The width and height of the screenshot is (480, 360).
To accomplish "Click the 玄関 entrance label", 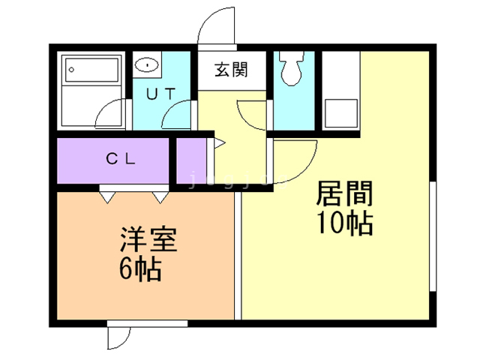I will (x=231, y=71).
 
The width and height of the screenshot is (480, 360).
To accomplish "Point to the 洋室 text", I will (x=148, y=241).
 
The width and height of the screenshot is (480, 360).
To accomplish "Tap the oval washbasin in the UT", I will (x=148, y=65).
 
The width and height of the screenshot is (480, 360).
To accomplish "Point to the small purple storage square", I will (x=190, y=160).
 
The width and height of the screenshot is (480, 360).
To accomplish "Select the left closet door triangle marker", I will (x=106, y=196).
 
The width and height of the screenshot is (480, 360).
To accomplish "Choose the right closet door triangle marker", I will (x=160, y=196).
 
